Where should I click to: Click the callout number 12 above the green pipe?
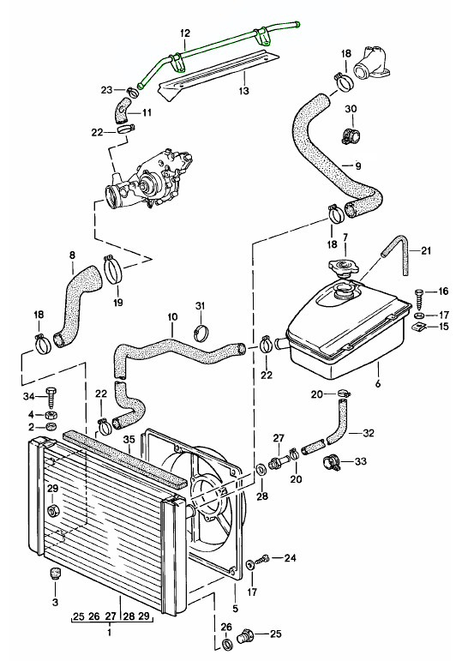(183, 33)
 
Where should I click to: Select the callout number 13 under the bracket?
(243, 90)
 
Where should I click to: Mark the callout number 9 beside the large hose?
(358, 165)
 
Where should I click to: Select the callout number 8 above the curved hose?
(71, 255)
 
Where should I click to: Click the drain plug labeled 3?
(54, 574)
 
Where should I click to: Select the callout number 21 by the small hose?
(426, 249)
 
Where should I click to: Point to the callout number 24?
(290, 558)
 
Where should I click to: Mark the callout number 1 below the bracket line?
(109, 632)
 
